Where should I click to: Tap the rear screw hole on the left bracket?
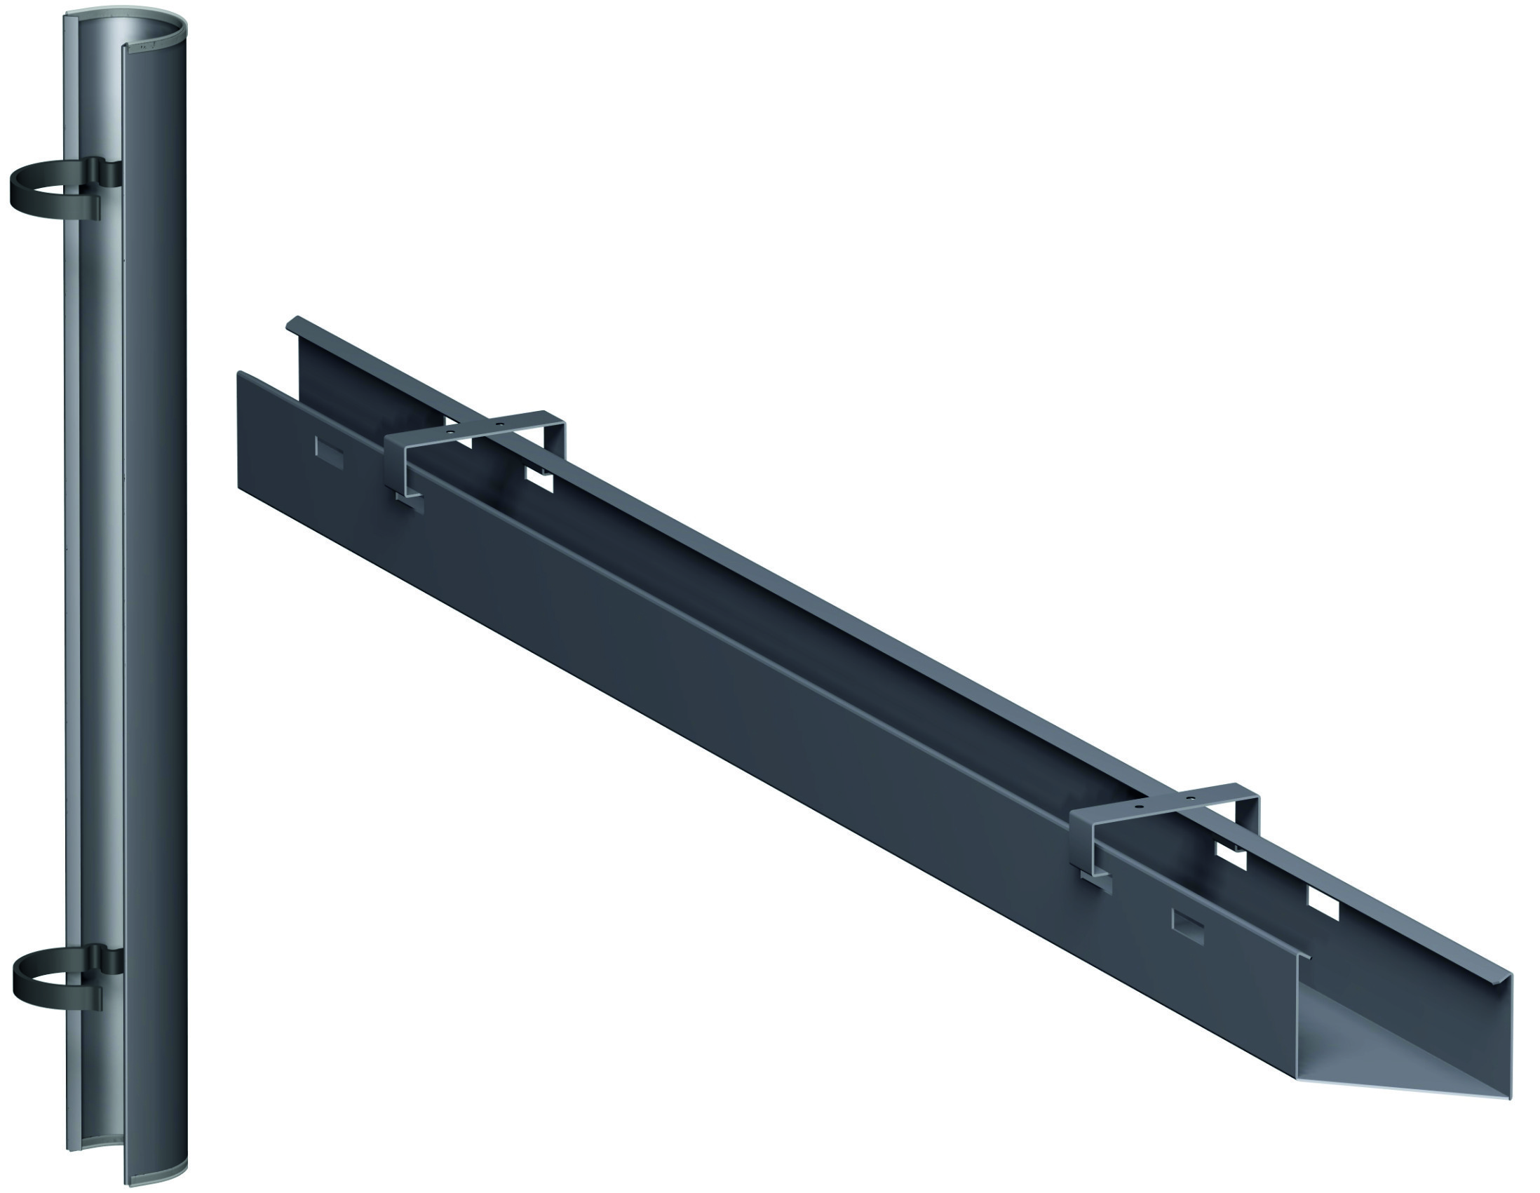pyautogui.click(x=500, y=424)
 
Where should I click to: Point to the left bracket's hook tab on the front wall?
pyautogui.click(x=409, y=503)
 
